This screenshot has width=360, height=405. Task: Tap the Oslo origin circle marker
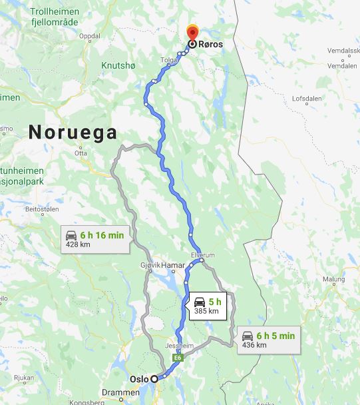(x=154, y=378)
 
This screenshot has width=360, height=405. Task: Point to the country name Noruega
(x=73, y=132)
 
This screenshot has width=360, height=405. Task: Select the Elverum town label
(x=203, y=254)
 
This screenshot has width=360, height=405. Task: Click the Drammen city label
(x=121, y=393)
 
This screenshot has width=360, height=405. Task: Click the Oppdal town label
(x=89, y=37)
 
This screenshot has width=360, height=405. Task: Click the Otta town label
(x=81, y=153)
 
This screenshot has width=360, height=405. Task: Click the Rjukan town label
(x=23, y=378)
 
